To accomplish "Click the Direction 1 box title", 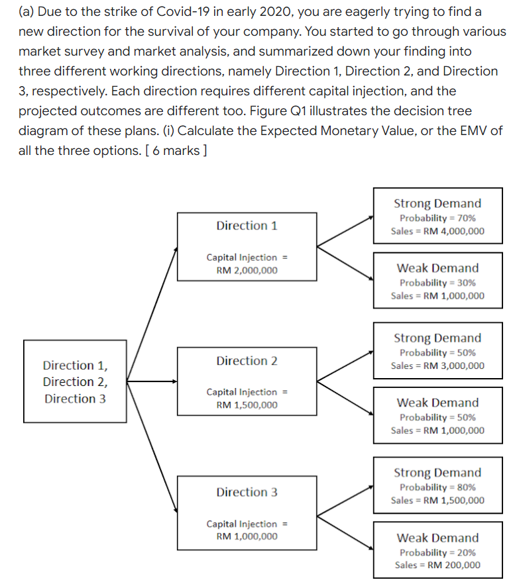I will (247, 226).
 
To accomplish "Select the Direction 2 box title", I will (247, 361).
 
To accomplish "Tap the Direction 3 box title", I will (247, 492).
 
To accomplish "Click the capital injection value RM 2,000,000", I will (247, 270).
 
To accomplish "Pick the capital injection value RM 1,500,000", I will (247, 405).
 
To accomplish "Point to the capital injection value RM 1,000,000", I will (247, 536).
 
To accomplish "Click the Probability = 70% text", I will (437, 218).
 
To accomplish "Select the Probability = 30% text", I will (437, 282).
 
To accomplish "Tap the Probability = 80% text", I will (437, 487).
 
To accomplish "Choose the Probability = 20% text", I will (437, 552).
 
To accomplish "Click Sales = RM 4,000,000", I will (437, 231).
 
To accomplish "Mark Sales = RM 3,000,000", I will (437, 365).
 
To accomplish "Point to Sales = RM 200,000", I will (437, 565).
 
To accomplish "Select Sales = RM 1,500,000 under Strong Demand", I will (437, 500).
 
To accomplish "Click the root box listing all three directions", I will (75, 381).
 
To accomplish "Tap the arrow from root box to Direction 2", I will (151, 381).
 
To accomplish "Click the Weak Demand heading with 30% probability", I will (437, 268).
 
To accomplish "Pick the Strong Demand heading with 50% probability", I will (437, 338).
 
